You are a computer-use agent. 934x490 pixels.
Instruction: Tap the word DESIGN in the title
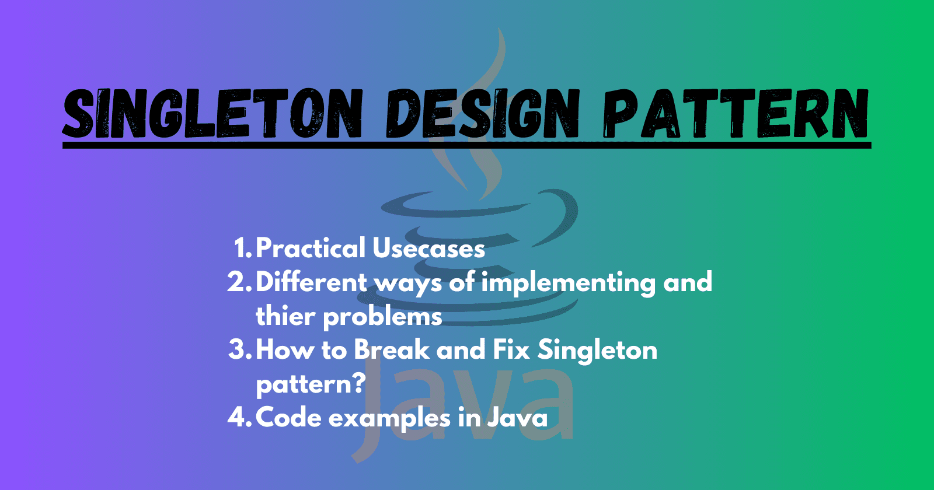click(x=482, y=114)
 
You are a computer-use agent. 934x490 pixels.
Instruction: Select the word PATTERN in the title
click(x=736, y=114)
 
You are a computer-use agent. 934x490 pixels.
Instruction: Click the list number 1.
click(x=242, y=249)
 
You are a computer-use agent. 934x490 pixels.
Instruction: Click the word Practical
click(x=311, y=249)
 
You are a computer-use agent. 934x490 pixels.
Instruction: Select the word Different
click(x=312, y=282)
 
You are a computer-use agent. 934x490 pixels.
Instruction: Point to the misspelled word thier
click(x=285, y=316)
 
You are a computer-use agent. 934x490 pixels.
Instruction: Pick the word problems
click(x=382, y=317)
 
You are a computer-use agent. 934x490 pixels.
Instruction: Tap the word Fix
click(x=511, y=350)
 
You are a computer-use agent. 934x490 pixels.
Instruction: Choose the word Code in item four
click(x=288, y=418)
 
